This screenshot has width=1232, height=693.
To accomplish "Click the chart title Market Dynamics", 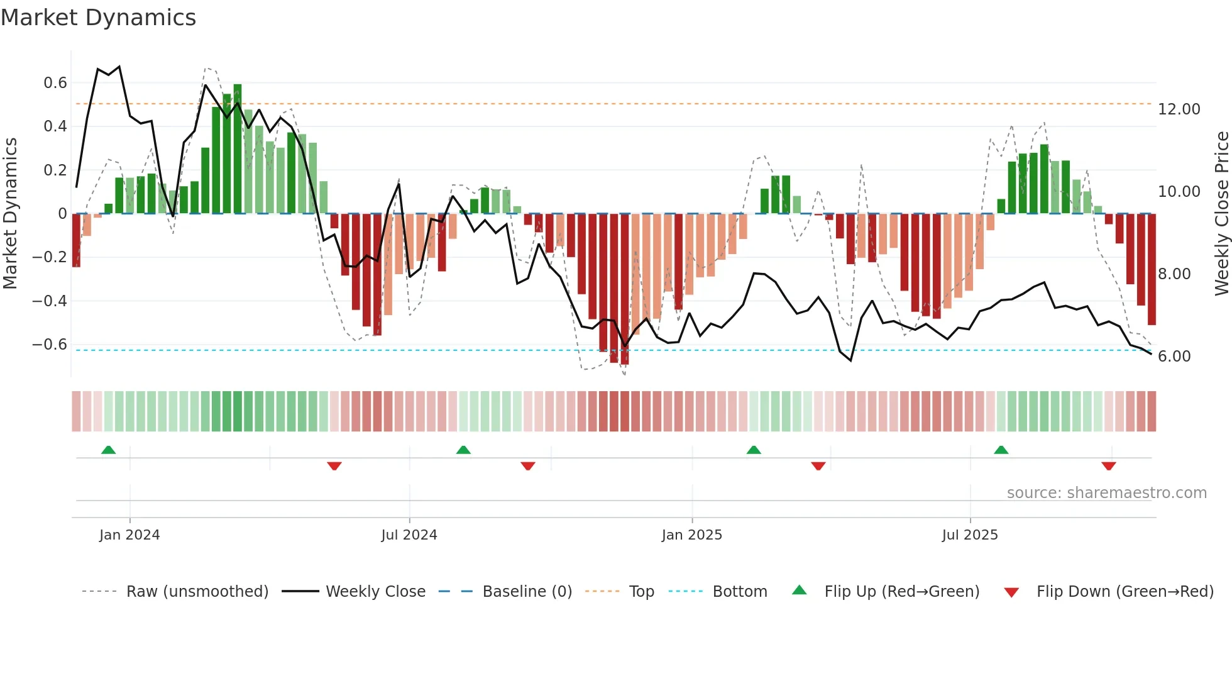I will (x=98, y=18).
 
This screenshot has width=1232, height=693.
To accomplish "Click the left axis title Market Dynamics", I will (x=10, y=213).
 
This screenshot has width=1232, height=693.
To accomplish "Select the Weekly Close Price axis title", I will (x=1221, y=213).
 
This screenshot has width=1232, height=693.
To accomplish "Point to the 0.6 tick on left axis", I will (x=55, y=83).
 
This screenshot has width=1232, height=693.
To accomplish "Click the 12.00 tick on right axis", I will (x=1179, y=109).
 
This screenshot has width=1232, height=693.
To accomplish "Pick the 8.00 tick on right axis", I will (x=1174, y=274).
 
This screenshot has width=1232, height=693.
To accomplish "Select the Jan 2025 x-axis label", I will (x=691, y=535).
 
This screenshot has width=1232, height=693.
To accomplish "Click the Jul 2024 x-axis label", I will (x=409, y=535).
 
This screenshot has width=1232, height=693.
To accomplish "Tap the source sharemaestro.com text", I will (x=1106, y=493).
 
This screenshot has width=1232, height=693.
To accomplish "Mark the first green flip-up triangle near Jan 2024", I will (x=109, y=450).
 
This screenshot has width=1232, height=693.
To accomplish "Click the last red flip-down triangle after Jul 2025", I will (x=1108, y=466).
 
